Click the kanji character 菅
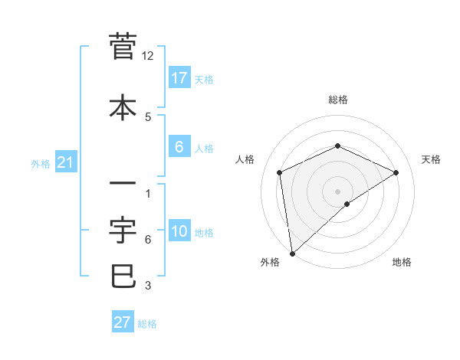(x=123, y=47)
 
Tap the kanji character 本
(x=123, y=107)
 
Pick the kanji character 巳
(x=123, y=277)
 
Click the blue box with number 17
(x=179, y=77)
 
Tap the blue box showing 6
(x=179, y=147)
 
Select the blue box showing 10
(x=179, y=232)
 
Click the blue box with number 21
(x=66, y=162)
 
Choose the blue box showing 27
(x=123, y=322)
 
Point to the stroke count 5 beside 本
(x=148, y=116)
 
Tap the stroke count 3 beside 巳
(x=148, y=286)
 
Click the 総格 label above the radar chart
(x=337, y=100)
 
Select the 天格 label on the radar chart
(x=431, y=159)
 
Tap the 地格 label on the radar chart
(x=402, y=262)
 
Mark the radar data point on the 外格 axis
(x=291, y=253)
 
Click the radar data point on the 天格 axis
(x=396, y=172)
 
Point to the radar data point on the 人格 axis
(x=280, y=172)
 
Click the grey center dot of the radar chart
(x=337, y=191)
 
